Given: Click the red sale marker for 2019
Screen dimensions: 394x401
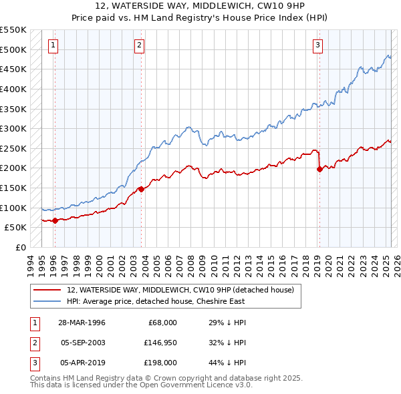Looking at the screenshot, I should [319, 170].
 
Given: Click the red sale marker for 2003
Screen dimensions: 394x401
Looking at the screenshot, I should [141, 189].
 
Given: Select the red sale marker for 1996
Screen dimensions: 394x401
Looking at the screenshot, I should [55, 220].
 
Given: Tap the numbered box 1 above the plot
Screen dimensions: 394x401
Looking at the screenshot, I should [53, 45].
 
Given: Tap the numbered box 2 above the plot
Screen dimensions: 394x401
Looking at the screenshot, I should [139, 45].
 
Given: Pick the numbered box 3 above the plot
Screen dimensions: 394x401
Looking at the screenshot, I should [317, 45].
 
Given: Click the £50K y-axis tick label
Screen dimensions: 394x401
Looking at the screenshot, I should [15, 228].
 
